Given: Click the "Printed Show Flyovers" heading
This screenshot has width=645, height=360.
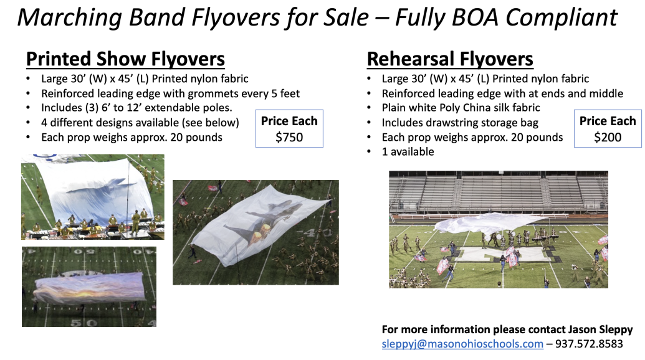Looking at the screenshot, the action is point(125,59).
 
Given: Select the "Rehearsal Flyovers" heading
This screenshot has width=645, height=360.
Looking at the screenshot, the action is point(450,59).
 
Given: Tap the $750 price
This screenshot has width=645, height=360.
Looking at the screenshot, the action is point(289,137).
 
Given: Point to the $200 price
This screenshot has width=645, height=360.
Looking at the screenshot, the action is point(608,137).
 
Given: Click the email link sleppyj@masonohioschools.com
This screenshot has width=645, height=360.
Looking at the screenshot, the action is point(462,344).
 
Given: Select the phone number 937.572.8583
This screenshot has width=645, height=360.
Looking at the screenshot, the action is point(589,344).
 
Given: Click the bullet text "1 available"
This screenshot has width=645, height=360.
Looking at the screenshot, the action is point(408,151).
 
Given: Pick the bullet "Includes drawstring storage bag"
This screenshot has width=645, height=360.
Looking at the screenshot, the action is point(460,123).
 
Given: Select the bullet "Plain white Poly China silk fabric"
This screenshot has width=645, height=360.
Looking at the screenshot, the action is point(461,108).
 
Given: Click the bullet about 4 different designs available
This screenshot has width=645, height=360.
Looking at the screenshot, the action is point(140,123).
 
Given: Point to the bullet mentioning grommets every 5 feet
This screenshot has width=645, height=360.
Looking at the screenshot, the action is point(170,93).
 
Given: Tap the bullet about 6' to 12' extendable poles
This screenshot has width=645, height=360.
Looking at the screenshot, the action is point(136,108).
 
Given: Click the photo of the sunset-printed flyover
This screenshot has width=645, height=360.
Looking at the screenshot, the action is point(89,287).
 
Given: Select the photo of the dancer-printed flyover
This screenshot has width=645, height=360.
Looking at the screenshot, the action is point(256,232).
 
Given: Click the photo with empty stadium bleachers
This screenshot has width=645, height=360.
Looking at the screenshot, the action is point(499,229).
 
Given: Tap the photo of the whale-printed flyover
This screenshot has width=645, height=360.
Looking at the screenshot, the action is point(93,197).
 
